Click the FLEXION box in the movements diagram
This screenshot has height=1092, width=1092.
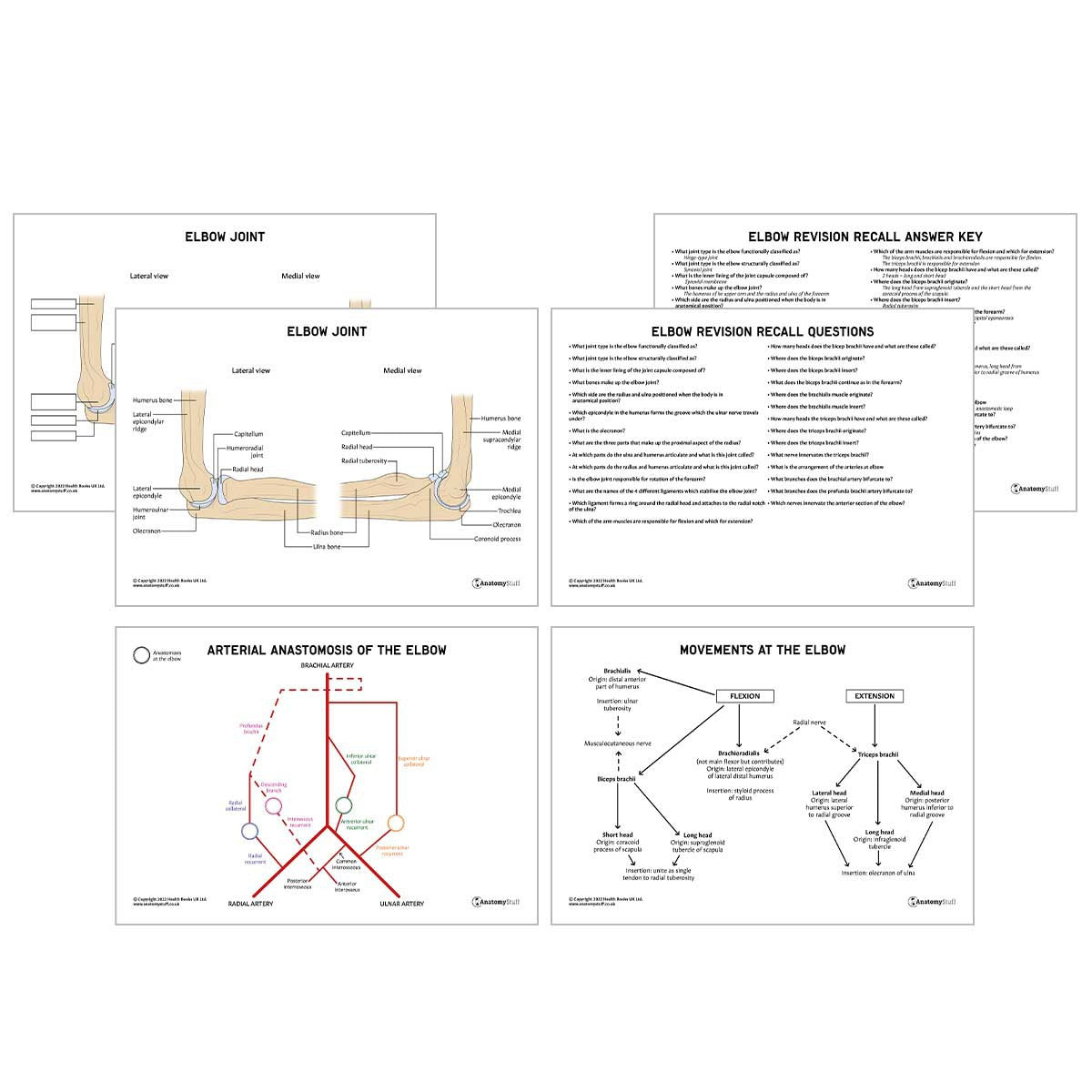(x=744, y=696)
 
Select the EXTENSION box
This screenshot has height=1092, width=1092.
(x=875, y=696)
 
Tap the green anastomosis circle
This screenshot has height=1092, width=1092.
(x=343, y=805)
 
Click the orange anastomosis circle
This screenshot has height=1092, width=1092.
(x=396, y=823)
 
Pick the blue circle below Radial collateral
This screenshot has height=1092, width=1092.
(x=249, y=831)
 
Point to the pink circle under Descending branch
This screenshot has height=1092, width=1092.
(x=273, y=805)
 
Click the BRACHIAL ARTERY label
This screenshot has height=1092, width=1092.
(x=327, y=666)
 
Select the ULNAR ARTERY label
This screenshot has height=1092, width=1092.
(x=401, y=904)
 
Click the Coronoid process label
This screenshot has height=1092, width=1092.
(x=497, y=539)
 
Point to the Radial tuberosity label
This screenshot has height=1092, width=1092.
(x=364, y=461)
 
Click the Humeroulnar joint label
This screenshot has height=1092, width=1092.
(x=147, y=514)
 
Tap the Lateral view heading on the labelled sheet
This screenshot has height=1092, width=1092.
(x=250, y=370)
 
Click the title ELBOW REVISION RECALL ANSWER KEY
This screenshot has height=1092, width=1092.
(x=864, y=237)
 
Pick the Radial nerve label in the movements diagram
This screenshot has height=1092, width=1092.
(x=809, y=723)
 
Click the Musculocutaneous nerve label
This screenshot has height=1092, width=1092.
(x=618, y=743)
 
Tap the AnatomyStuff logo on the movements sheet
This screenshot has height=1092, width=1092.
(x=931, y=902)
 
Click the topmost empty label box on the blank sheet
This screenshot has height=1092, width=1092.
(x=54, y=303)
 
